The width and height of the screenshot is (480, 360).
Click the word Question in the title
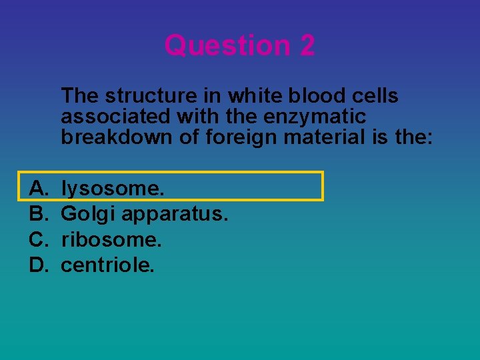[227, 45]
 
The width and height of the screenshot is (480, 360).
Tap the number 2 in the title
[307, 45]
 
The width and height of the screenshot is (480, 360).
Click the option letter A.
[38, 189]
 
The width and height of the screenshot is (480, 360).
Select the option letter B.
[38, 215]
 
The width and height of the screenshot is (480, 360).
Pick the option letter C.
[38, 240]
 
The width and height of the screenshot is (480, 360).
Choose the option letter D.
[38, 265]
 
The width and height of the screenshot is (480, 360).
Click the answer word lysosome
[112, 189]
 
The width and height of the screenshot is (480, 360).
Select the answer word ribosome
[111, 240]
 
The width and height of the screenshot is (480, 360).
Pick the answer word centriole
[107, 265]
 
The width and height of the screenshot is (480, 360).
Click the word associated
[116, 117]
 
